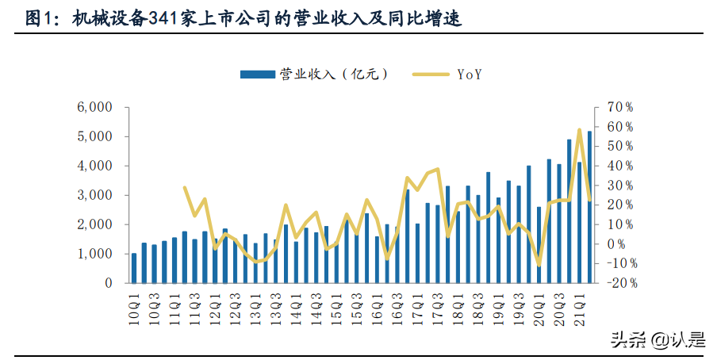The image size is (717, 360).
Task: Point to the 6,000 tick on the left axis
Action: click(95, 107)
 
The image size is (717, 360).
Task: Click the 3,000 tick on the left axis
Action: click(95, 195)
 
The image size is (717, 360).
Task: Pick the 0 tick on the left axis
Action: click(108, 283)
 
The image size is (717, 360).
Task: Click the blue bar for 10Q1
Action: click(134, 268)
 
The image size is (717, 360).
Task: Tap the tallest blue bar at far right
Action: click(589, 207)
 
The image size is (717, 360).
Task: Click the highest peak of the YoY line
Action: click(580, 129)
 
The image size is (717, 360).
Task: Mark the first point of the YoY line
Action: click(185, 188)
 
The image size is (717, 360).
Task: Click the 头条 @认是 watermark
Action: click(657, 340)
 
